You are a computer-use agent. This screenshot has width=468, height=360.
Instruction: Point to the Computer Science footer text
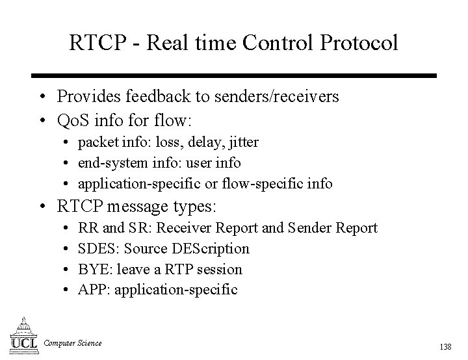[x=73, y=343]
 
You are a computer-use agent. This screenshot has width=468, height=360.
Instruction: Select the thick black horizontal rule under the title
[x=235, y=75]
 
